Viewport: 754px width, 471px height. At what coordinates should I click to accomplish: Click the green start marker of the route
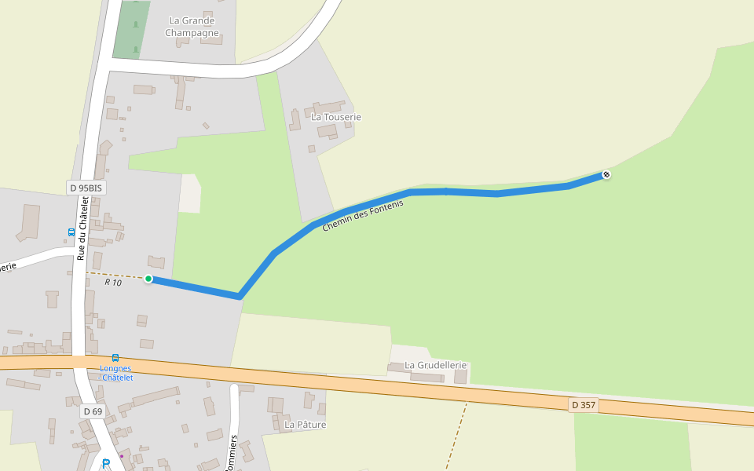tap(148, 279)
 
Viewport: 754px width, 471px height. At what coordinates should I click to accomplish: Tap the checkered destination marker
tap(606, 174)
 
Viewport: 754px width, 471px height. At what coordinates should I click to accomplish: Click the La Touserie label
tap(336, 117)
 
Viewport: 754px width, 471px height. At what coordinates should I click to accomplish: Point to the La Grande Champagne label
tap(192, 27)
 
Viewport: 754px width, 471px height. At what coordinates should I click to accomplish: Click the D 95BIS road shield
tap(86, 188)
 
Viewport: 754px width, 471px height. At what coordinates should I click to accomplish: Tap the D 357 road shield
tap(584, 405)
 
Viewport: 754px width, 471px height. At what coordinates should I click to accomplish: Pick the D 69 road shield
tap(93, 411)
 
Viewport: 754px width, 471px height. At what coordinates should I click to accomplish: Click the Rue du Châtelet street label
tap(82, 228)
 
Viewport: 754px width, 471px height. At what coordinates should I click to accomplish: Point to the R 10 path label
tap(113, 282)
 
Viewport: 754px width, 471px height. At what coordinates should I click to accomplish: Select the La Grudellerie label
tap(436, 365)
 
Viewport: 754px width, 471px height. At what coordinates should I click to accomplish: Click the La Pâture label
tap(305, 425)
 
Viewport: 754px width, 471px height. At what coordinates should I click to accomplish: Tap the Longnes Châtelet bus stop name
tap(116, 373)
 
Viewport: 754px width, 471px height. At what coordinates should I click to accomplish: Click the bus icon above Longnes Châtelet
tap(115, 358)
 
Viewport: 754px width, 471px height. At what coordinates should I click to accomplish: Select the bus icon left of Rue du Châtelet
tap(71, 232)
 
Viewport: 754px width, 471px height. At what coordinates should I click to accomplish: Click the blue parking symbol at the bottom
tap(106, 463)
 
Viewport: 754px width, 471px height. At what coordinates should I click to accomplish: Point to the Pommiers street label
tap(232, 453)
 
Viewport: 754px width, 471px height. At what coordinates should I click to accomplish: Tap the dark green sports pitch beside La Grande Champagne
tap(131, 30)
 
